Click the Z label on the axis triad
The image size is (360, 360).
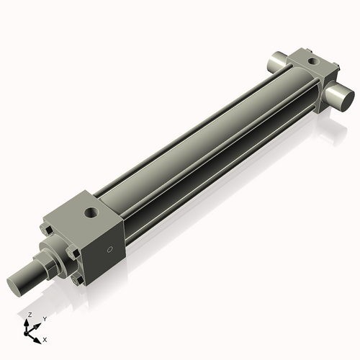[29, 315]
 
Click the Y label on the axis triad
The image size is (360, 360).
[44, 318]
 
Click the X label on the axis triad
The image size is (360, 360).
[45, 338]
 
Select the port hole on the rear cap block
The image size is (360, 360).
[311, 62]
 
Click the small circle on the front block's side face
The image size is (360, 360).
[109, 250]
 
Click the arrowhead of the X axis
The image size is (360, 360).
[38, 337]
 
